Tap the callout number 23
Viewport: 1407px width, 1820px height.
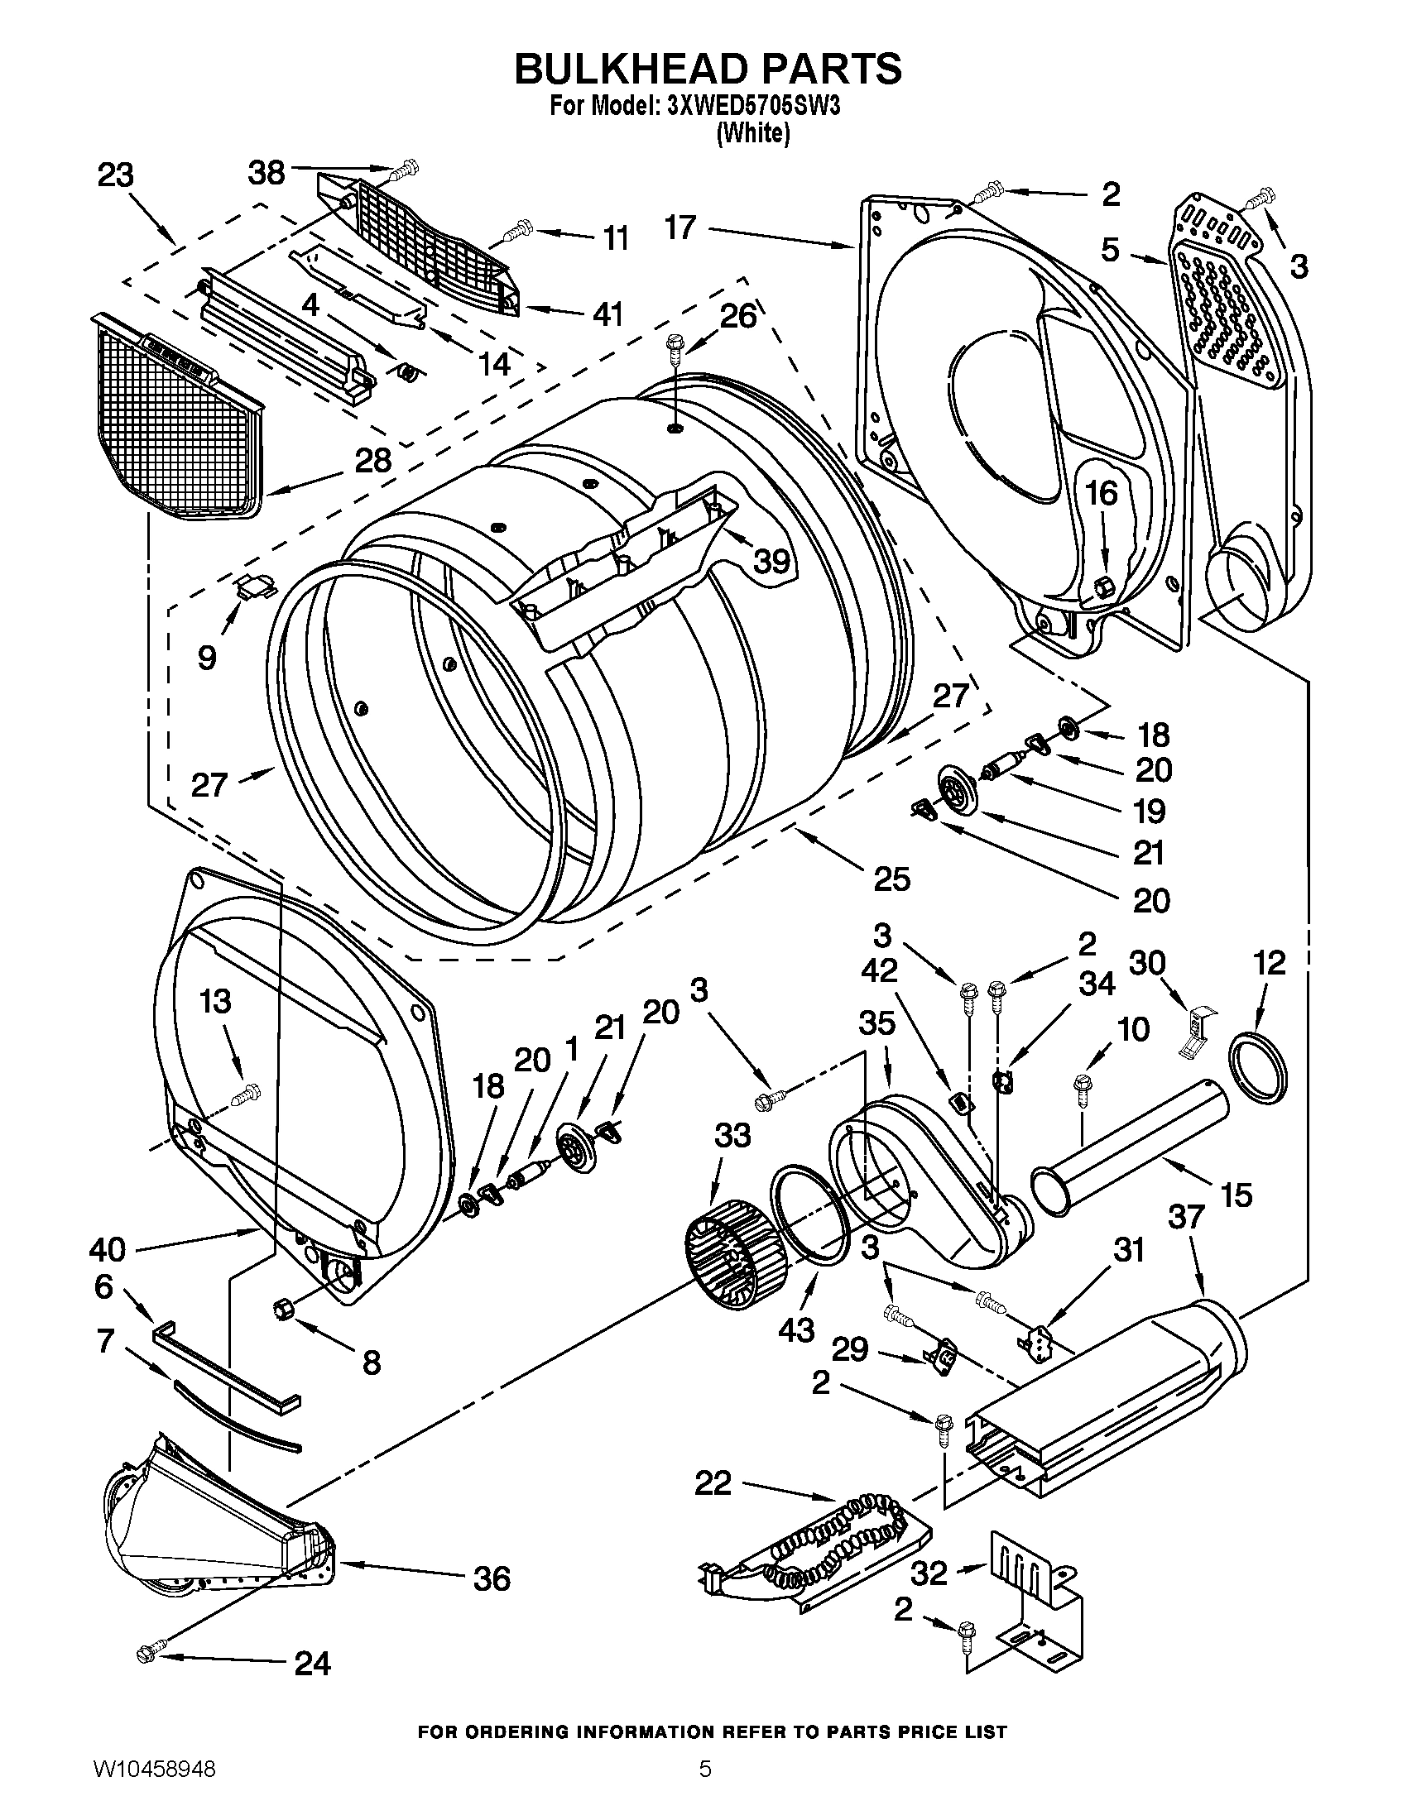[x=116, y=177]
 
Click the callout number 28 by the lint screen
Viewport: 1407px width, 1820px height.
[x=372, y=460]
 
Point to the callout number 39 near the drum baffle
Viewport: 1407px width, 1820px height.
[x=771, y=562]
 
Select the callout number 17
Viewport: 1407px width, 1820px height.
[x=680, y=227]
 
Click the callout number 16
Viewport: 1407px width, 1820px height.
[x=1100, y=493]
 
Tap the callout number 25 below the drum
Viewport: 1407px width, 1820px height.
[x=892, y=879]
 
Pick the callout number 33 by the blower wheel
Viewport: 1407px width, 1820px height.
[x=732, y=1135]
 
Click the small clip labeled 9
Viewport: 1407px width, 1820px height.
[x=254, y=587]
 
